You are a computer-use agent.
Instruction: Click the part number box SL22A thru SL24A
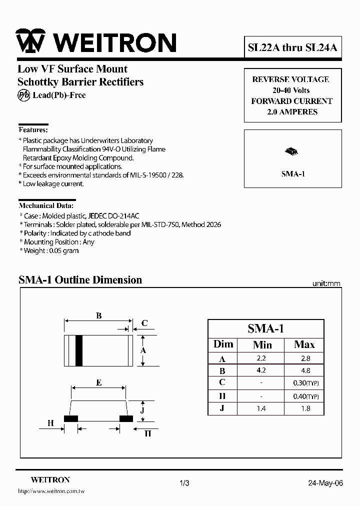[x=292, y=47]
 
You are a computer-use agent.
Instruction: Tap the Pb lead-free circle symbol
[x=23, y=95]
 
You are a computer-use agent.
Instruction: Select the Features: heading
[x=33, y=129]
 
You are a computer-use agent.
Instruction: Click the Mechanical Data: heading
[x=46, y=205]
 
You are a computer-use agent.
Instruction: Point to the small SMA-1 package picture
[x=292, y=150]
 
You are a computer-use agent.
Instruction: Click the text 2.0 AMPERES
[x=292, y=112]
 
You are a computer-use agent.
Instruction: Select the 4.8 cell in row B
[x=305, y=370]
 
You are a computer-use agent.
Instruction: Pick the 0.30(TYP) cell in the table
[x=305, y=383]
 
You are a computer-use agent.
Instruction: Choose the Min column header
[x=262, y=344]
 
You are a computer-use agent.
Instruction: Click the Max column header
[x=304, y=344]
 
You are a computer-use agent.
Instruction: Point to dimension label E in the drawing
[x=99, y=382]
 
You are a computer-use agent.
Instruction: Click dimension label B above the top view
[x=99, y=315]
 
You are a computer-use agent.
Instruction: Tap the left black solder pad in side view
[x=70, y=418]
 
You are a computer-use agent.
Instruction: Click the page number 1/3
[x=184, y=483]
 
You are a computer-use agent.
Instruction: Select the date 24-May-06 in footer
[x=325, y=483]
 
